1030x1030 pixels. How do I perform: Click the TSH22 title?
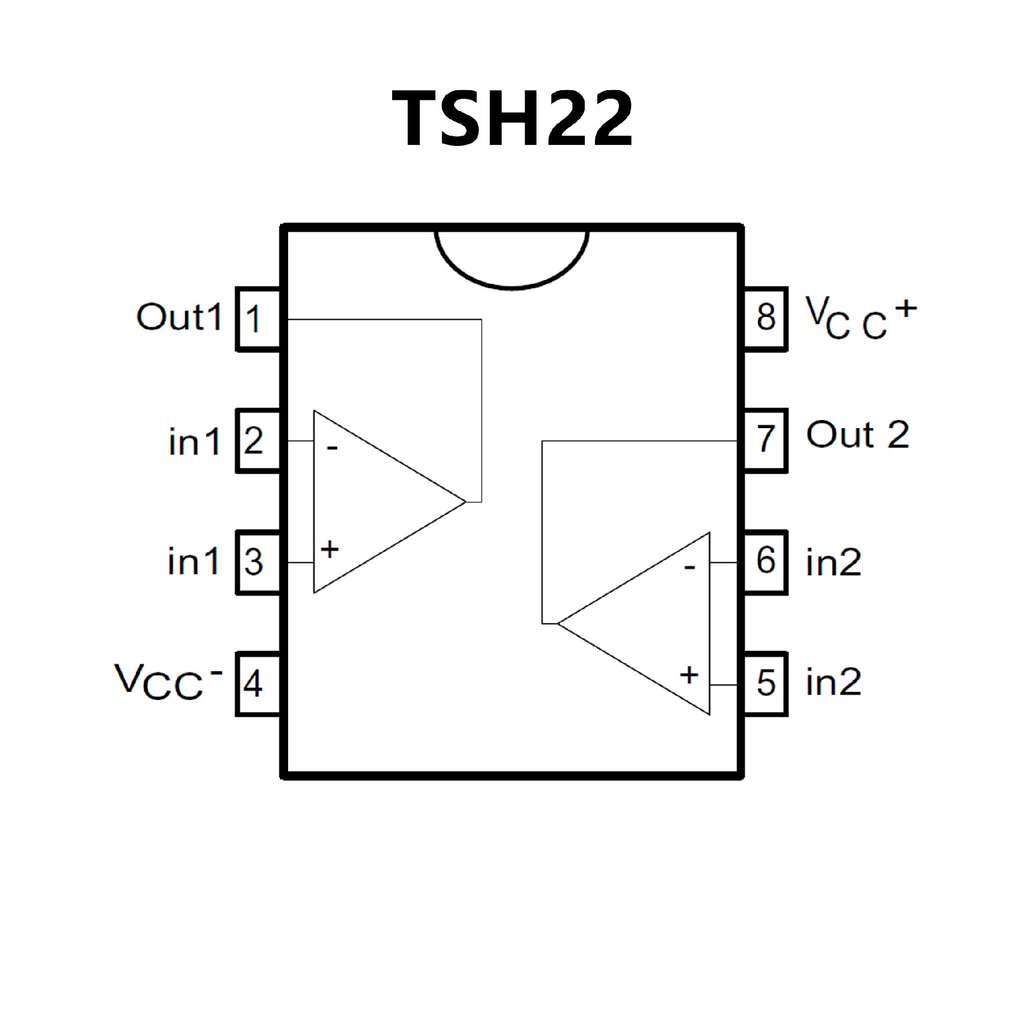pos(513,119)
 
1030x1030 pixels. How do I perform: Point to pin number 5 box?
pos(766,684)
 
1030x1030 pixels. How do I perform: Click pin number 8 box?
pos(766,319)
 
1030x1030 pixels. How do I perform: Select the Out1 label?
pos(179,317)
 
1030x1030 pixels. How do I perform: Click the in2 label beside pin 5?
pos(833,682)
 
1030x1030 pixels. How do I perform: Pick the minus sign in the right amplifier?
pos(690,567)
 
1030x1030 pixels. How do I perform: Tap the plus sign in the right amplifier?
pos(689,675)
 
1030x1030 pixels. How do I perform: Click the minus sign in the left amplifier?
pos(333,447)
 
